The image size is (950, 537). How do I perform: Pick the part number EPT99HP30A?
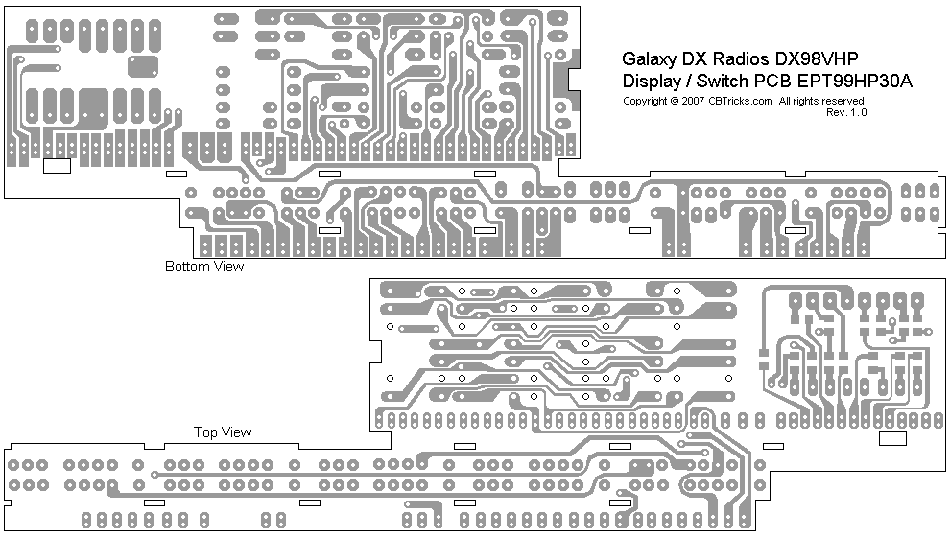(x=857, y=82)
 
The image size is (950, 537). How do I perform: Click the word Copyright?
(x=645, y=101)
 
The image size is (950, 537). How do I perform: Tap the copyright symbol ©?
(x=675, y=101)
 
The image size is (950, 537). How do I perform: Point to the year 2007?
(x=693, y=101)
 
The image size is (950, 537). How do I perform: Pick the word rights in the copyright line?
(x=806, y=101)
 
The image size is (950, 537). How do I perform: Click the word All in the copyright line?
(x=785, y=101)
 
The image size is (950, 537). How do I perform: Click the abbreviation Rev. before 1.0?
(x=836, y=112)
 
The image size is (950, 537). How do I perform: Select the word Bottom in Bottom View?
(x=186, y=267)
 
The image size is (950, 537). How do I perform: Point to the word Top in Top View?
(x=204, y=432)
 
